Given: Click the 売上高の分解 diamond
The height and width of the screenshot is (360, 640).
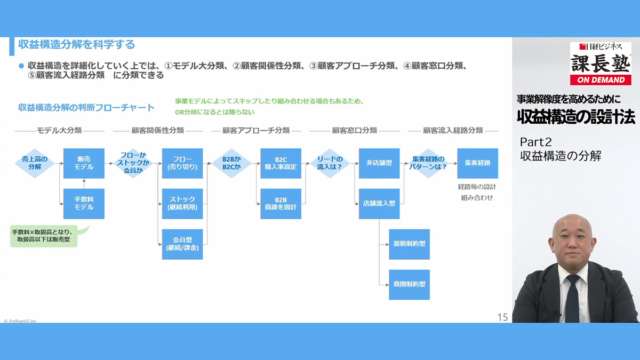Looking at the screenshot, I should click(x=35, y=163).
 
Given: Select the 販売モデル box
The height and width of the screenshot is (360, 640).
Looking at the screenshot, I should click(x=84, y=163).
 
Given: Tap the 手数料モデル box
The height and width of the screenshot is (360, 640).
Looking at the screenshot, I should click(x=84, y=203).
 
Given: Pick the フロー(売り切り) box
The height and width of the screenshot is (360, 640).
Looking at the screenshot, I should click(x=182, y=163).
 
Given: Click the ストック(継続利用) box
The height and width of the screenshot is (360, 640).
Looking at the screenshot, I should click(x=182, y=203).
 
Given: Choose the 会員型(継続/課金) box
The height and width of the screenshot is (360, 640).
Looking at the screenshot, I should click(x=182, y=244).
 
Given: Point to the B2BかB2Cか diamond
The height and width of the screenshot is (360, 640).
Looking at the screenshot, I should click(x=231, y=163).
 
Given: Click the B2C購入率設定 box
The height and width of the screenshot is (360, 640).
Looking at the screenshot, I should click(x=281, y=163).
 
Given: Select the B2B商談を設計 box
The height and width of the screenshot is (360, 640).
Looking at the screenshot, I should click(x=281, y=203).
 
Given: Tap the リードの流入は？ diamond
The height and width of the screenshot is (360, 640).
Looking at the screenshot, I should click(x=330, y=163).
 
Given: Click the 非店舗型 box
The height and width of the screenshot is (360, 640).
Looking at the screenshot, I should click(x=379, y=163).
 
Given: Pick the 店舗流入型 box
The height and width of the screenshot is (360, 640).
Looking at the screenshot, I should click(x=379, y=203).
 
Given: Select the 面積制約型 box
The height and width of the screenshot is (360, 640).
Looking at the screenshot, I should click(x=409, y=244).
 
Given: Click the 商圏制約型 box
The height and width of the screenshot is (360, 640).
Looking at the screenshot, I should click(x=409, y=284).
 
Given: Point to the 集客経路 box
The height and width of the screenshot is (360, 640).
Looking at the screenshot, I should click(x=477, y=163).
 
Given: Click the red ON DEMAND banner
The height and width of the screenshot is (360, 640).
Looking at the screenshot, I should click(x=601, y=79).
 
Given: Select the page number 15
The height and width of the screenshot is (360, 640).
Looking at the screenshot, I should click(x=502, y=317).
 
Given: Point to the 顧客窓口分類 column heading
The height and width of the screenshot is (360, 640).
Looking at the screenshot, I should click(x=354, y=130).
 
